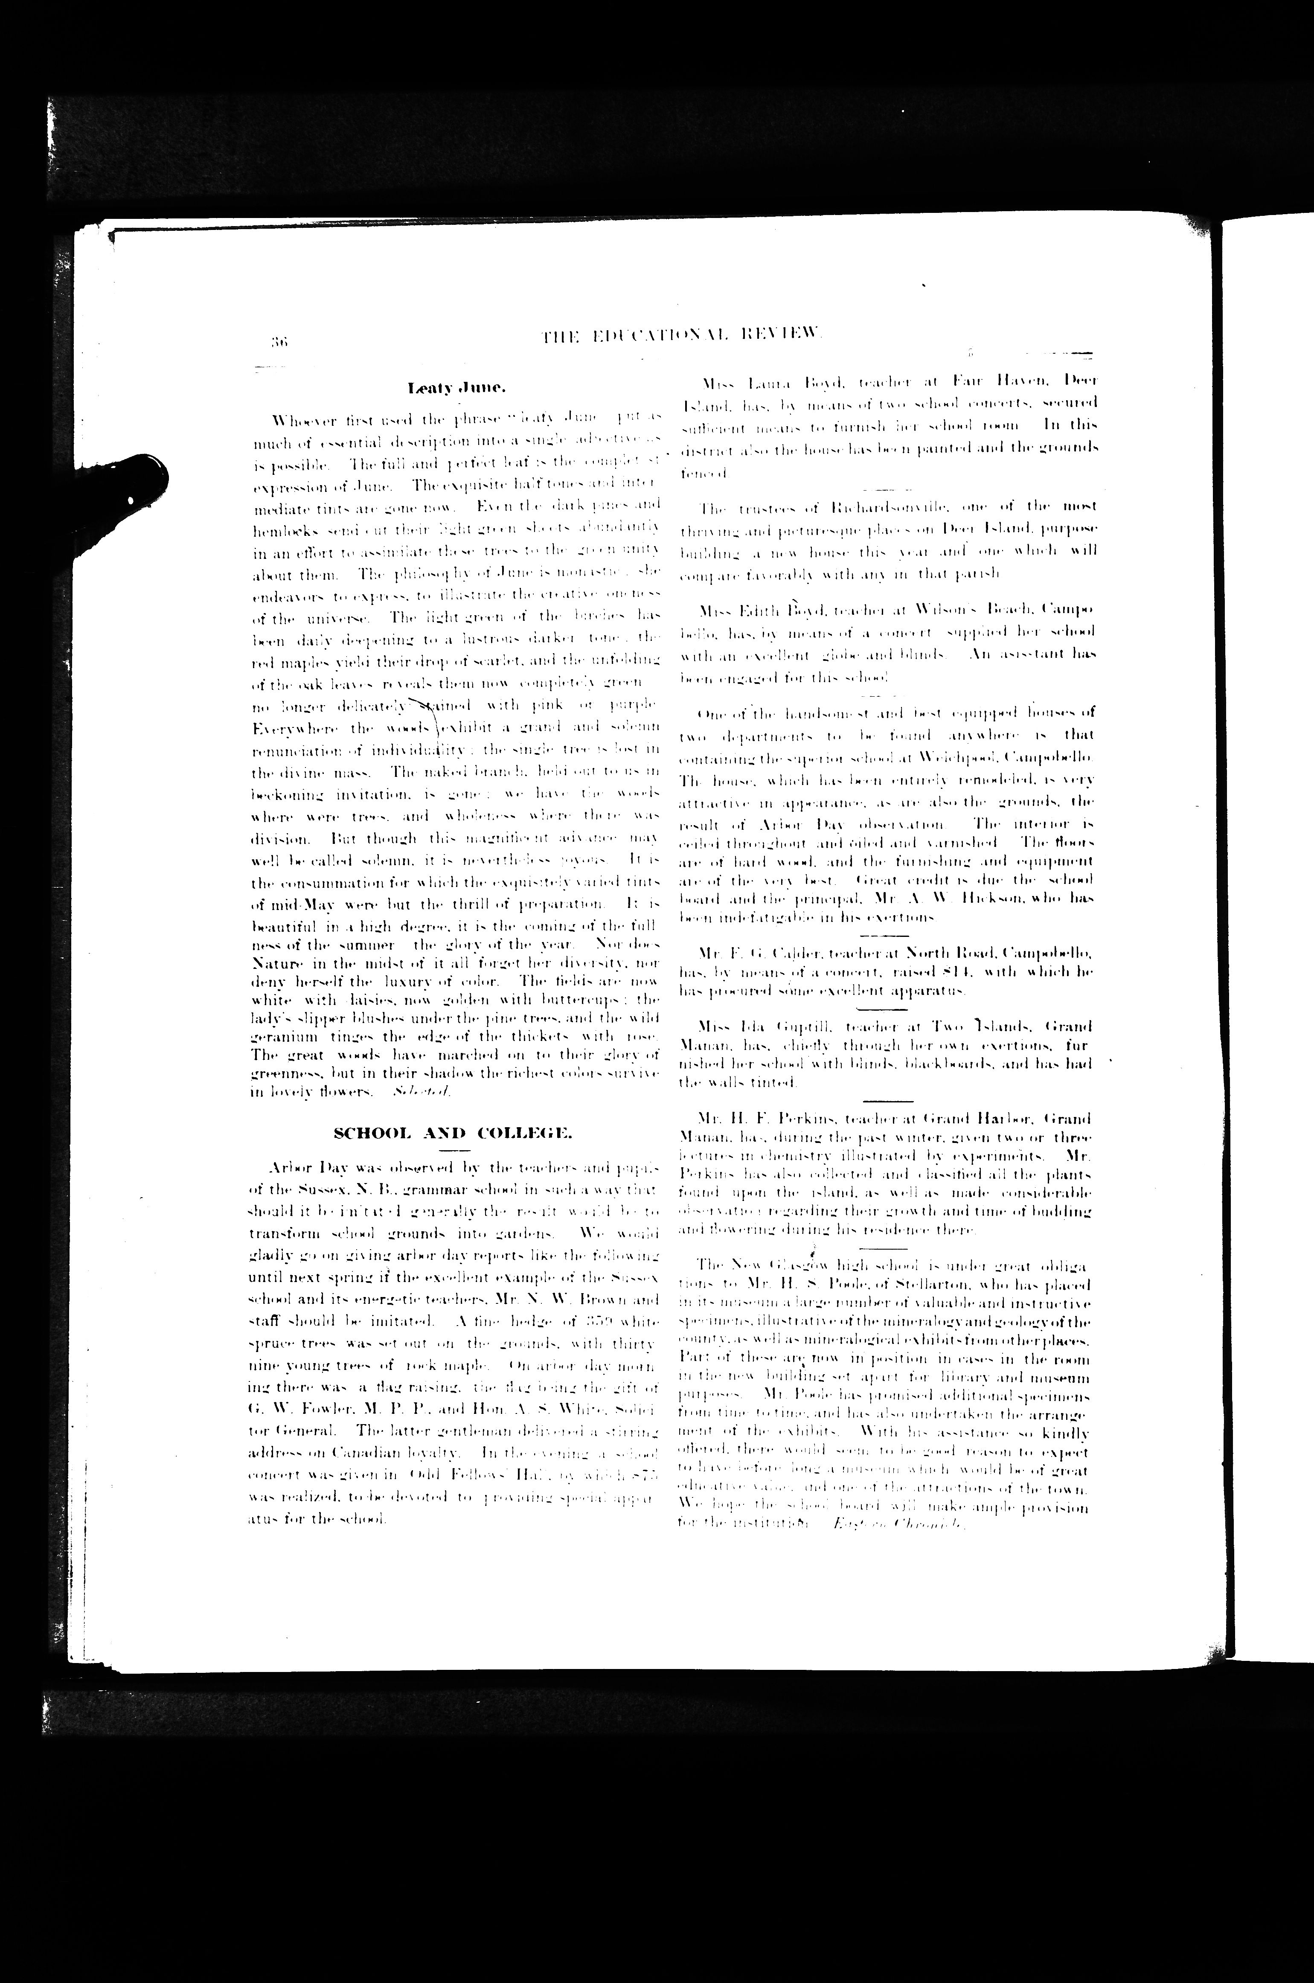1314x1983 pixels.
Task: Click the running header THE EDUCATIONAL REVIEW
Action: click(x=683, y=337)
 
